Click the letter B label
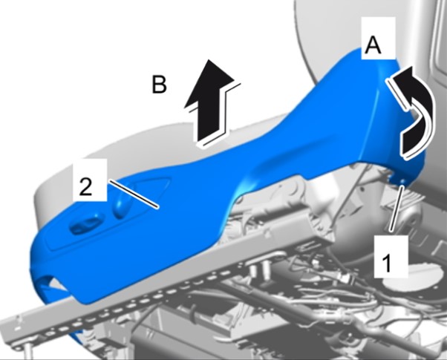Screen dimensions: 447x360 159,84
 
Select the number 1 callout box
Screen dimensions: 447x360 391,256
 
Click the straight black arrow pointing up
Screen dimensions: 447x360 211,102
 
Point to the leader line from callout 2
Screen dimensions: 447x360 133,194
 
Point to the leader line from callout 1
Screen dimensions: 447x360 397,208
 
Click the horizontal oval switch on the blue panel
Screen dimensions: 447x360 85,226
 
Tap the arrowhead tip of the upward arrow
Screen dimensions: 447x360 209,59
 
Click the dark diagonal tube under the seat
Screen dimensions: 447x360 285,299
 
